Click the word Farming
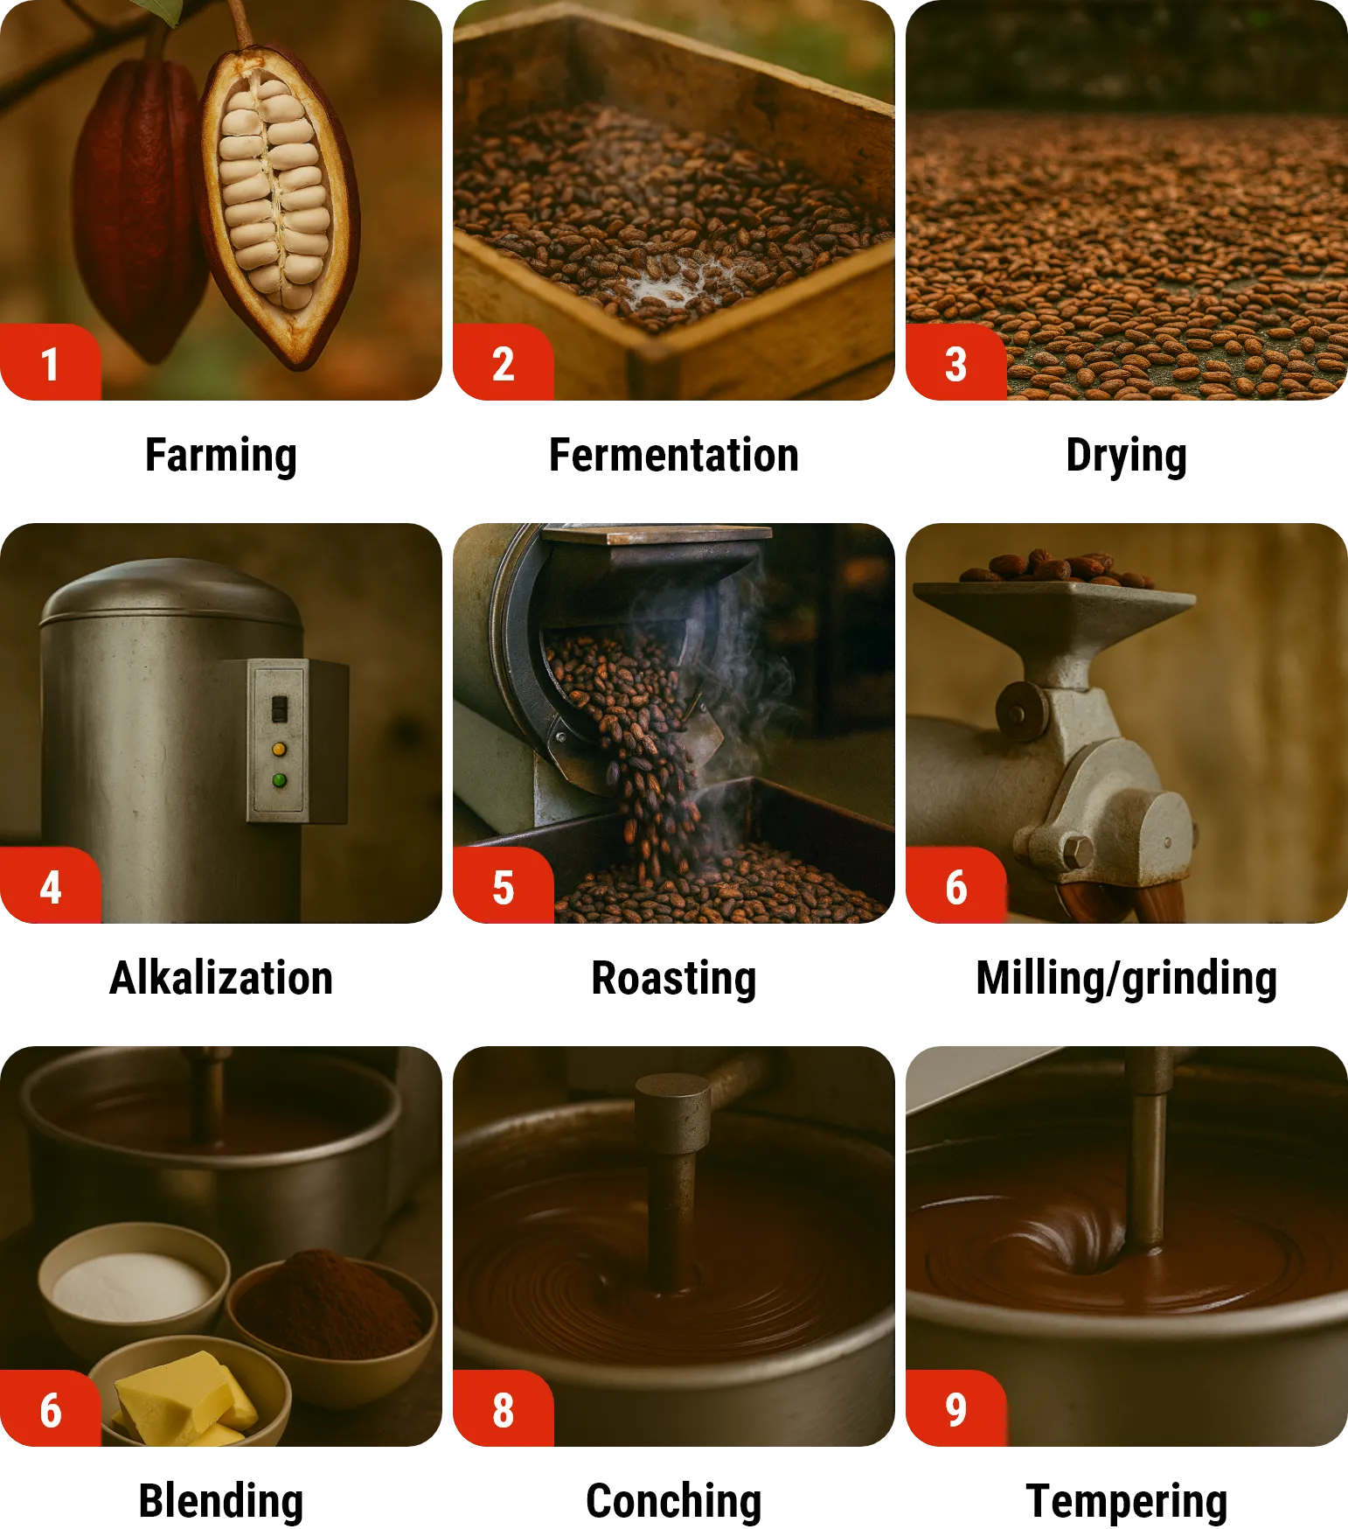[221, 456]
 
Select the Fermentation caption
[674, 456]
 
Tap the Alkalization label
[221, 978]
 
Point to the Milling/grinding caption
[1127, 979]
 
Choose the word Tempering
[1127, 1502]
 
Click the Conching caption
[674, 1502]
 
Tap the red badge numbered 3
[956, 362]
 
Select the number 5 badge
[504, 885]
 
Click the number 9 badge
[956, 1408]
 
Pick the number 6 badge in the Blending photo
[51, 1408]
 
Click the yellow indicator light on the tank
[280, 750]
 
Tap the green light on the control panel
[280, 780]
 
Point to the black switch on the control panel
[280, 709]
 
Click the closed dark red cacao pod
[138, 206]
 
